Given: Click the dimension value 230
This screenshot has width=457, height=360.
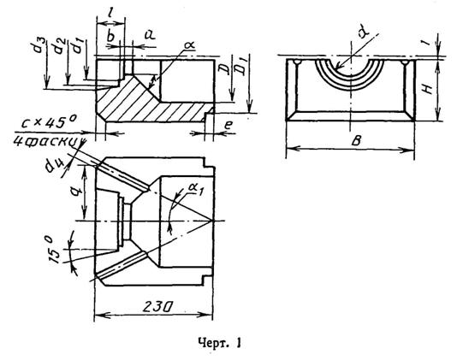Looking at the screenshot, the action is click(157, 307).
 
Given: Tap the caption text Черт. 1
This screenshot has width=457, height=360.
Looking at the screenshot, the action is click(219, 343).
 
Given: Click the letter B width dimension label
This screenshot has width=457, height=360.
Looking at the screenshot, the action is click(356, 141).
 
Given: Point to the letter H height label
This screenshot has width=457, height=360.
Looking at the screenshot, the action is click(427, 88).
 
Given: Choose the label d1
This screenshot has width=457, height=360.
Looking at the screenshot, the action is click(78, 46).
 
